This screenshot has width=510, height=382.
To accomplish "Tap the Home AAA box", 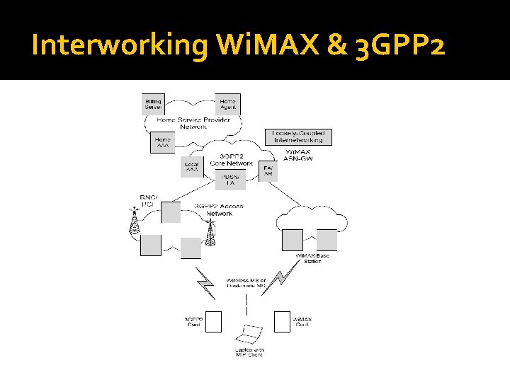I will coord(163,142).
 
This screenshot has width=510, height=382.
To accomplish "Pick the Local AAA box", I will coord(192,167).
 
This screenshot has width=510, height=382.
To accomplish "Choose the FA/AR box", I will coord(268,171).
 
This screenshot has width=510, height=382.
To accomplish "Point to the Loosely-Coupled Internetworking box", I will coord(298,137).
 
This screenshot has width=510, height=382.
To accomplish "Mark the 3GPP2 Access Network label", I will coord(219,210).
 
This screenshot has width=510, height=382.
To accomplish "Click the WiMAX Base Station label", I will coord(308,258).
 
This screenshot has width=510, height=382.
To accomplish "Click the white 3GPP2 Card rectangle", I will coord(213,322).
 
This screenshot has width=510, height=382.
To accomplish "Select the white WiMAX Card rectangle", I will coord(283,322).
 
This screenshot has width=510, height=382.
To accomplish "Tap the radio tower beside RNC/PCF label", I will coord(132,221).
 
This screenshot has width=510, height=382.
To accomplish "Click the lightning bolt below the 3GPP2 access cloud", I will coord(205,282).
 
